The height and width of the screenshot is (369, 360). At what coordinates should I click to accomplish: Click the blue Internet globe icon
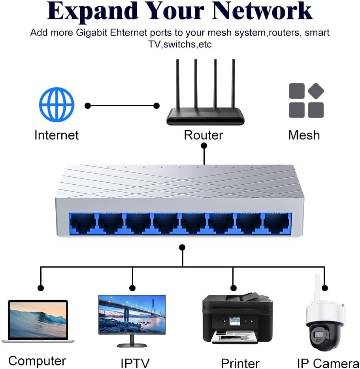click(x=57, y=105)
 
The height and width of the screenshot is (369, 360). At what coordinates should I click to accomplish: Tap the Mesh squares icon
click(x=306, y=100)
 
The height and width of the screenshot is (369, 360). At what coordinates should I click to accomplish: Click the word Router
click(x=203, y=135)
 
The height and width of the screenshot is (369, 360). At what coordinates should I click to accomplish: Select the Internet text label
click(x=57, y=135)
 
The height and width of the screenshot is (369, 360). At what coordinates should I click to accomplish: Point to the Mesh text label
click(x=304, y=135)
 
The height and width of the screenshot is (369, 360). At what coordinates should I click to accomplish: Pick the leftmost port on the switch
click(x=83, y=224)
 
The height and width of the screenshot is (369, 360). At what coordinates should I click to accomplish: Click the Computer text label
click(x=37, y=361)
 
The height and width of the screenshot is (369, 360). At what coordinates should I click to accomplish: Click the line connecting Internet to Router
click(x=122, y=106)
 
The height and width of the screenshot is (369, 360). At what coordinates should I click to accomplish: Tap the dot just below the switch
click(x=182, y=247)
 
